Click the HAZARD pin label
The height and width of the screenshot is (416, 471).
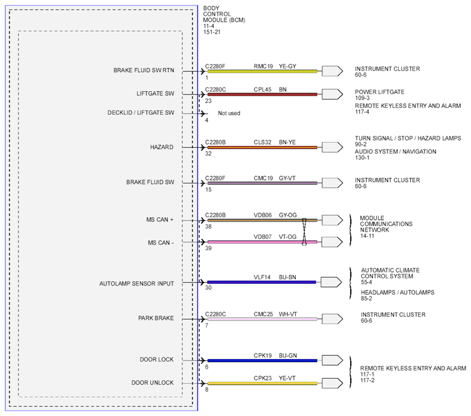tap(162, 147)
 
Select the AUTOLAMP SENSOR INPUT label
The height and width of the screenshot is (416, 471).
tap(137, 283)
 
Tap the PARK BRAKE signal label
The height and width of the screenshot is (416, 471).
tap(156, 318)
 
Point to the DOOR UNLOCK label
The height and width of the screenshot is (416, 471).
tap(152, 383)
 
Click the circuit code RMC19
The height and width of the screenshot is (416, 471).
tap(263, 66)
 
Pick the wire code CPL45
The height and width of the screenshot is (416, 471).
tap(262, 90)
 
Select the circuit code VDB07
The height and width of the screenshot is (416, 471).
tap(263, 237)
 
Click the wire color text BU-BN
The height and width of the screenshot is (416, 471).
tap(288, 277)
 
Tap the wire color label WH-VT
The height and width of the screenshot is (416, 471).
tap(288, 314)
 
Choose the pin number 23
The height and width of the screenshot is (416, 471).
tap(208, 101)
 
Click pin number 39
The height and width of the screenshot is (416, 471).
tap(208, 248)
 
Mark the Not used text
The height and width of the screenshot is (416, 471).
tap(229, 113)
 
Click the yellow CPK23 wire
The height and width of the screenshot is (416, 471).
tap(262, 383)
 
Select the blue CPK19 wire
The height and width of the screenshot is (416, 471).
tap(262, 361)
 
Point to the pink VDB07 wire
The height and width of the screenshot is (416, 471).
tap(262, 242)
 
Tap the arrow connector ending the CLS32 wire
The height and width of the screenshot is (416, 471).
tap(332, 147)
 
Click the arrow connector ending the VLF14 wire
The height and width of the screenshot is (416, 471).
tap(331, 282)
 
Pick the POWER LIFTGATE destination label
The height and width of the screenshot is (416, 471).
tap(380, 92)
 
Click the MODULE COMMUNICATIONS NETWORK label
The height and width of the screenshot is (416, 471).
tap(386, 224)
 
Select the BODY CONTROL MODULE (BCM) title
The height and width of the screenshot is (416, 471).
tap(224, 14)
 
